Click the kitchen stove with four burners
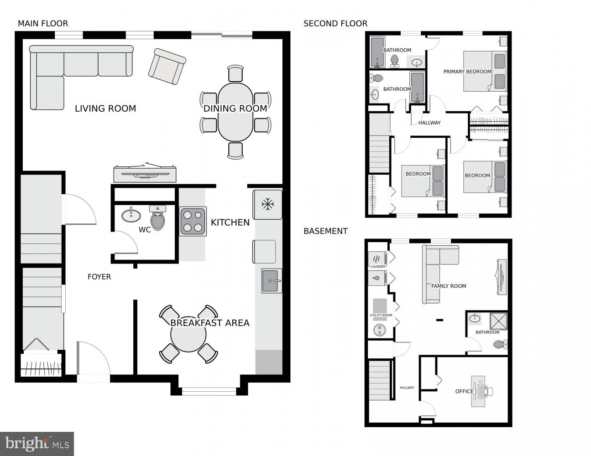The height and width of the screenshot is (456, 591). click(193, 221)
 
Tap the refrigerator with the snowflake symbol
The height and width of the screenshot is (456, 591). click(267, 205)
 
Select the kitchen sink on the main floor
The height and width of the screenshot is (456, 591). click(272, 280)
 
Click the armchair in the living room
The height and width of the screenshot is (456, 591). click(167, 67)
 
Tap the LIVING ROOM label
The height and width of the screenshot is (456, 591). click(105, 109)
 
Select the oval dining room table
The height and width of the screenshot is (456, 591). click(235, 112)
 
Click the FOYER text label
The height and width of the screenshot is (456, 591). click(99, 277)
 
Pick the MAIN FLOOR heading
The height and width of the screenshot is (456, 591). click(43, 24)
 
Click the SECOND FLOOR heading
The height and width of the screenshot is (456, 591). click(335, 24)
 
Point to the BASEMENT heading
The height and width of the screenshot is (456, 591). click(325, 231)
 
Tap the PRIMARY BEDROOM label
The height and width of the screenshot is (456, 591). click(467, 72)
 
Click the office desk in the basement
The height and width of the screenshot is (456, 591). click(478, 391)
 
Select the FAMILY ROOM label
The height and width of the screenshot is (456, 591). click(449, 286)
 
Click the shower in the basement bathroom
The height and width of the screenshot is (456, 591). click(498, 321)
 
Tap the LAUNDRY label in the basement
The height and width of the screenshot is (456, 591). click(377, 267)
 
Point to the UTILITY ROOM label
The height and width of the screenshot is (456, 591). click(381, 316)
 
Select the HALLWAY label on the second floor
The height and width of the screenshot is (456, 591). click(429, 123)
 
